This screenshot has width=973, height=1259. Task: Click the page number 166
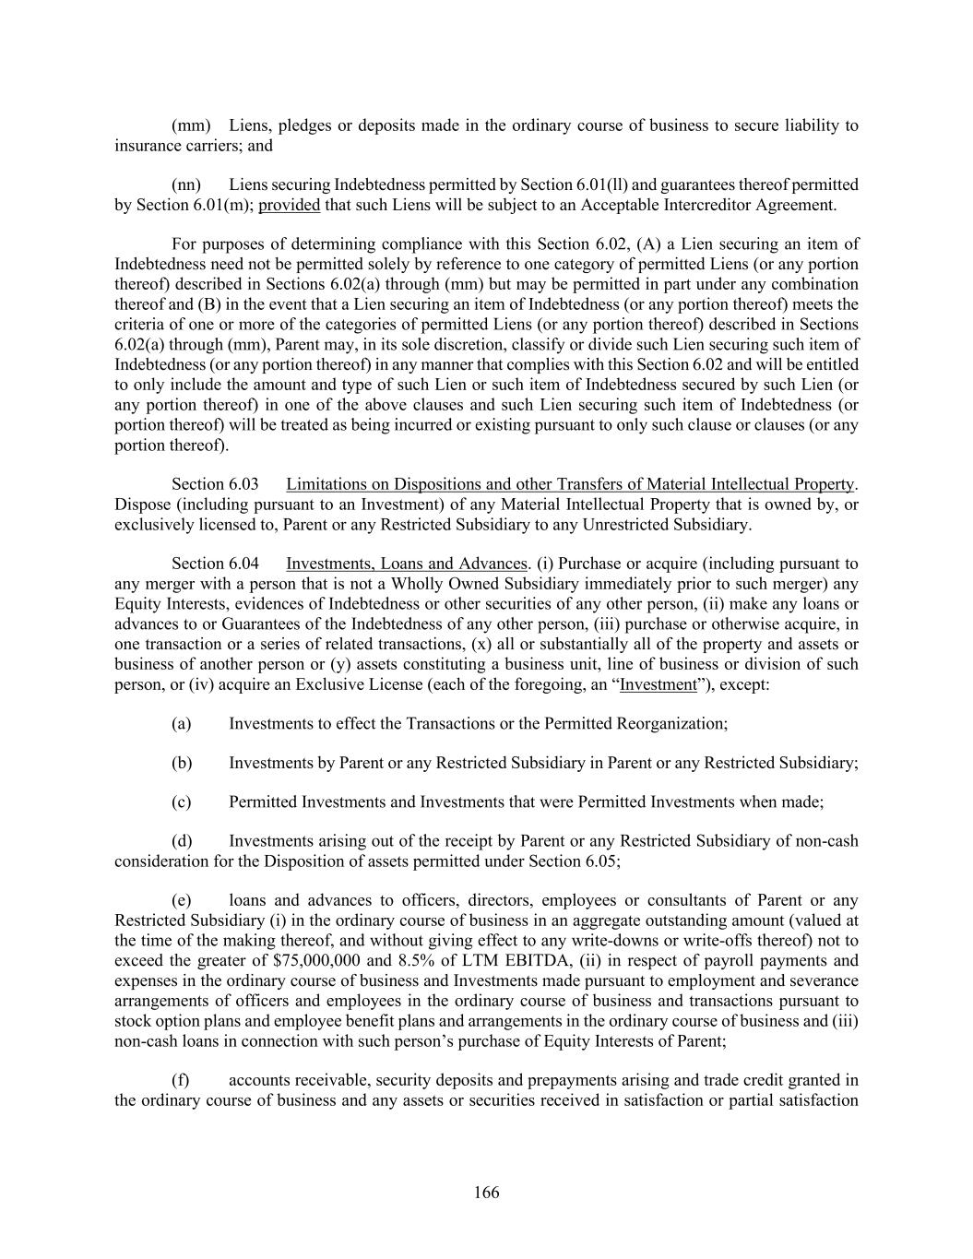[486, 1193]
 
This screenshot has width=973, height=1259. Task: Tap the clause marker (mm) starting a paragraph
[191, 125]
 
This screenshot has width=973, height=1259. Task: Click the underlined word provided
[289, 205]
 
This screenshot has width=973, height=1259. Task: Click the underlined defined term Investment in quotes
[659, 684]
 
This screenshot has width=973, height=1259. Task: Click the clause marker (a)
[181, 723]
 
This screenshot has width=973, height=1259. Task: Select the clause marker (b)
[182, 763]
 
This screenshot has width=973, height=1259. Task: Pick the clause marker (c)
[181, 802]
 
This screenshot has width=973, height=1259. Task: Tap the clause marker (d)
[182, 841]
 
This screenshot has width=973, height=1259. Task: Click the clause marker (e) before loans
[181, 900]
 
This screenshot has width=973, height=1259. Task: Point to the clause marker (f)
[180, 1080]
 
